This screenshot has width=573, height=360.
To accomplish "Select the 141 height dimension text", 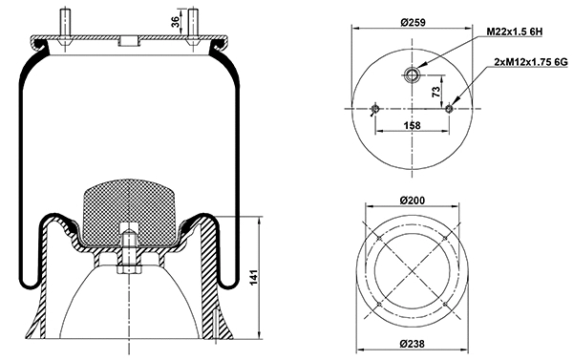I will click(253, 280).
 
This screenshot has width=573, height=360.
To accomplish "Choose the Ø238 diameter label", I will click(413, 345).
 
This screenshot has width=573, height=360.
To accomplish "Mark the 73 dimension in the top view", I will click(435, 92).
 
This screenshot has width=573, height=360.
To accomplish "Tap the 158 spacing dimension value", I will click(414, 125).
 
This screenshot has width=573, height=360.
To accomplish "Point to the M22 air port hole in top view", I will click(413, 74).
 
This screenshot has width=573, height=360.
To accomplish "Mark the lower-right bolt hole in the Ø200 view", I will click(444, 303).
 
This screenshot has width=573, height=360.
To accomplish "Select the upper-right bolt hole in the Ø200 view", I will click(444, 236).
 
